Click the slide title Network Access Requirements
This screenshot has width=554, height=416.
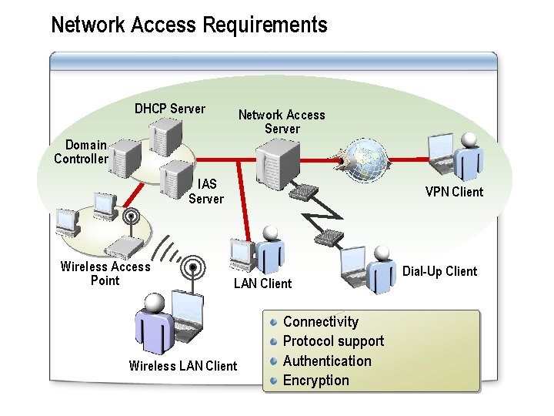[x=189, y=25]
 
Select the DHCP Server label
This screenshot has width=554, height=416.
[x=170, y=109]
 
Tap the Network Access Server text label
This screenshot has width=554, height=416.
[x=282, y=122]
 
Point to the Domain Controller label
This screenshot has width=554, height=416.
[x=82, y=152]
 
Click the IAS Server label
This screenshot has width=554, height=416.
[x=206, y=191]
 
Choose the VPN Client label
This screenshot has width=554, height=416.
[x=454, y=192]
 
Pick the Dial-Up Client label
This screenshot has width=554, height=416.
[x=439, y=271]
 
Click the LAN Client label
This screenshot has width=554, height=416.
[x=262, y=283]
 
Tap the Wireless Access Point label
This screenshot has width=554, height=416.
[x=105, y=273]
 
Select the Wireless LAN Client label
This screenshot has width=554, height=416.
[x=183, y=366]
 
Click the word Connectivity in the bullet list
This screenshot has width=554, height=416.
[x=320, y=322]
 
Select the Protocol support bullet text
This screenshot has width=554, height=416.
[x=333, y=341]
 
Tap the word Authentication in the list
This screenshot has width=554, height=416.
[x=327, y=361]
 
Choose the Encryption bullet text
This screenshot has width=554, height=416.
[x=315, y=381]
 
